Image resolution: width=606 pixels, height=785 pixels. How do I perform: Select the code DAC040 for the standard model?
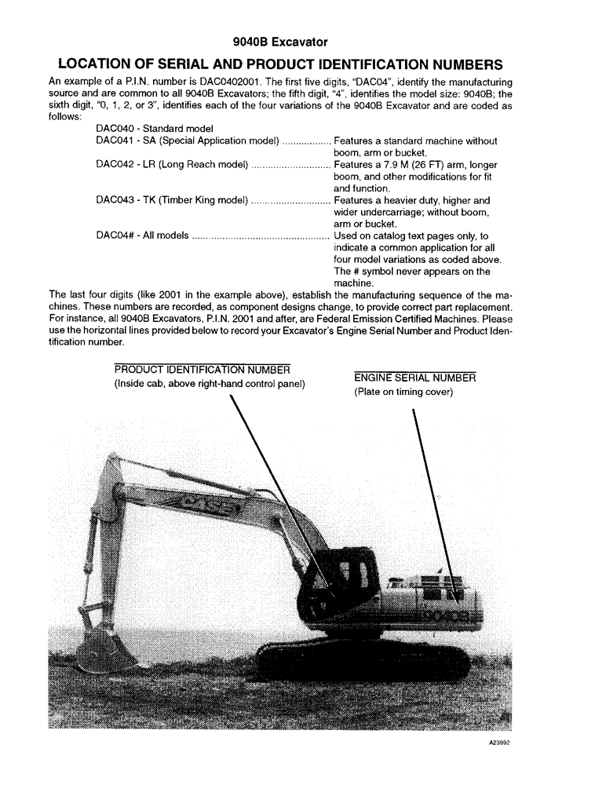(115, 128)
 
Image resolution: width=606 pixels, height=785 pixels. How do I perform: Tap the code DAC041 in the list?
(115, 141)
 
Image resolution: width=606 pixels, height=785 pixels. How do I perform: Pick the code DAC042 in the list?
(115, 165)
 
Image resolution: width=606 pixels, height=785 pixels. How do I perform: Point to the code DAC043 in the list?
(115, 200)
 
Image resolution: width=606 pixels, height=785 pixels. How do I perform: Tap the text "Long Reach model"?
(204, 165)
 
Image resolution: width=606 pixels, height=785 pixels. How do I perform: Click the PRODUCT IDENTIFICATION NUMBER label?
(202, 370)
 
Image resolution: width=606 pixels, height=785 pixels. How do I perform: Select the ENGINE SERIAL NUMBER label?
(414, 378)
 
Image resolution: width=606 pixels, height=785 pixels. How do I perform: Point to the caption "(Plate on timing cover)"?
(403, 392)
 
